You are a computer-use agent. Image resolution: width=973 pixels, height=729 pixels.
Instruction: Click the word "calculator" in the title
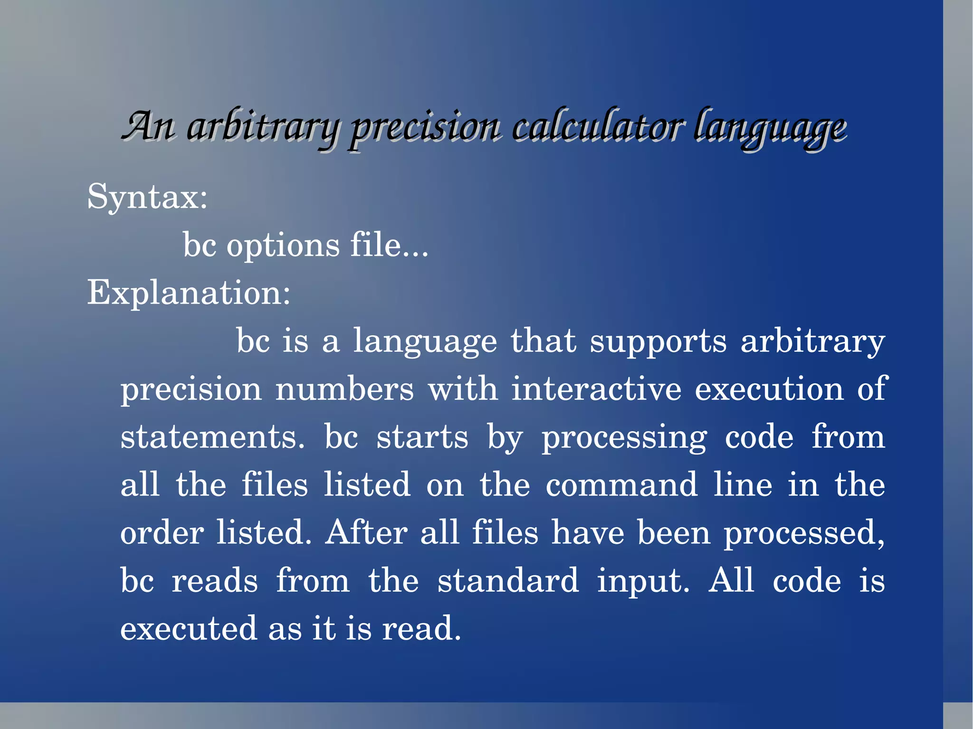pos(598,127)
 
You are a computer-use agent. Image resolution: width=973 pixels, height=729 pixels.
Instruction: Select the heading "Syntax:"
pos(147,197)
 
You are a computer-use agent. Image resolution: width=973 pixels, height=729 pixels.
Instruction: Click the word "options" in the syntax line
pos(283,246)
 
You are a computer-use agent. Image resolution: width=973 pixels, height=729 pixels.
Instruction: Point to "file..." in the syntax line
pos(389,245)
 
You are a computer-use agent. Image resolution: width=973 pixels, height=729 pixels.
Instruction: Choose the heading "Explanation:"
pos(189,293)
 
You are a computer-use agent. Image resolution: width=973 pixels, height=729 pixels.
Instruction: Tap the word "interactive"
pos(596,389)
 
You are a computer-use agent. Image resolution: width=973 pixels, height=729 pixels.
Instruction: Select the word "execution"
pos(769,389)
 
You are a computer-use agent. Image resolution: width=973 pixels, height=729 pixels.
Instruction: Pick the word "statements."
pos(212,437)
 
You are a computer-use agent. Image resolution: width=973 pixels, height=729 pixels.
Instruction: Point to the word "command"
pos(621,485)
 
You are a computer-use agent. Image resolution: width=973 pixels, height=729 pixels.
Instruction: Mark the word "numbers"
pos(344,389)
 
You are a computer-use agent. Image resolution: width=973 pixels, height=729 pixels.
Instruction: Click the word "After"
pos(366,532)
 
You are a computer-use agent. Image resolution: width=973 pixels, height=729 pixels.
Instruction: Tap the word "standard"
pos(508,580)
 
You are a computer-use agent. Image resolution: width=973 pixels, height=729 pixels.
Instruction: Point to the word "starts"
pos(422,437)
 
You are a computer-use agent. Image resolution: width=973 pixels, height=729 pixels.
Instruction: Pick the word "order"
pos(162,532)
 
